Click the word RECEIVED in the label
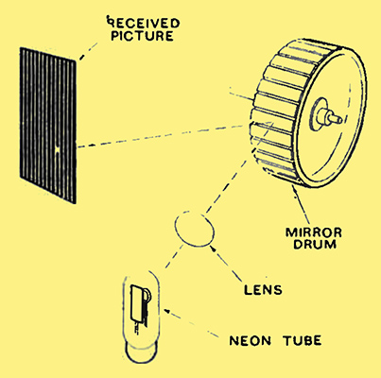[144, 23]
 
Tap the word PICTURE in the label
[142, 36]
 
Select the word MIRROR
[314, 232]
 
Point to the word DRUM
[314, 244]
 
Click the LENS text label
[263, 290]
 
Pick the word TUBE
[302, 341]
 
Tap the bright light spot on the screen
[58, 150]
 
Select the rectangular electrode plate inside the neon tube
[137, 302]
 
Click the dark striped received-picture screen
[48, 126]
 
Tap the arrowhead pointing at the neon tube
[167, 310]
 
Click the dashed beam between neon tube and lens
[174, 256]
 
